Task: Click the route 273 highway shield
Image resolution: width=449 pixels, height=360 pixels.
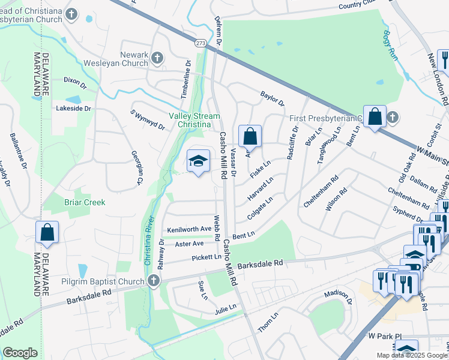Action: point(200,43)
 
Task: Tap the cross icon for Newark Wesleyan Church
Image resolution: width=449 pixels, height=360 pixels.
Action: point(157,58)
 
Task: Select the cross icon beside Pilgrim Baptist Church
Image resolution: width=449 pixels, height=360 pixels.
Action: point(153,281)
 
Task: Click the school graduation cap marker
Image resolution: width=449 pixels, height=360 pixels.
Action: point(199,161)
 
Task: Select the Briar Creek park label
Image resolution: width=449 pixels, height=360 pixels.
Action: point(85,202)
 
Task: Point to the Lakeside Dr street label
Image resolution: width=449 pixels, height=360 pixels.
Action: point(73,109)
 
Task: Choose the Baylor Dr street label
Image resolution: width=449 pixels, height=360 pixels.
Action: point(272,98)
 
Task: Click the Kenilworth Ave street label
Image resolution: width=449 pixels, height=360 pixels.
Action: point(190,229)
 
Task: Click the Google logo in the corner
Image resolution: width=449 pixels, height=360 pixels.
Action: point(20,353)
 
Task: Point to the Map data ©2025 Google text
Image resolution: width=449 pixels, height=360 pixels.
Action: point(412,355)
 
